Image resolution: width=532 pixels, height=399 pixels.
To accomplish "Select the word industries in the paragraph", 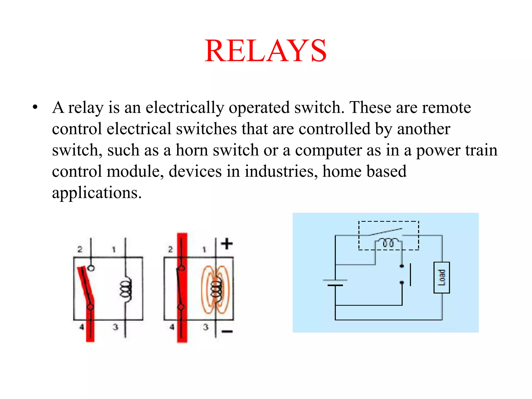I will (x=279, y=171).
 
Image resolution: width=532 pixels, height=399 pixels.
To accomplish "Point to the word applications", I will (x=97, y=193).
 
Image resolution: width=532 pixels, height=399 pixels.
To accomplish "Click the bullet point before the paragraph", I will (x=35, y=107).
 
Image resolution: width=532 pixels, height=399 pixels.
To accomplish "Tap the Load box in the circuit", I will (x=442, y=277).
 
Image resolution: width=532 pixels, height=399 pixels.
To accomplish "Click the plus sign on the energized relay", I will (x=227, y=244).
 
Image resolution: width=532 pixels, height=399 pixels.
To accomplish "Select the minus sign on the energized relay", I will (x=227, y=331).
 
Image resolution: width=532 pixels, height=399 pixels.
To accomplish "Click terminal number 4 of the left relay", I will (x=82, y=327).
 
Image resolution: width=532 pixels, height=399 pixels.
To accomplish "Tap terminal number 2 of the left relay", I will (x=80, y=249).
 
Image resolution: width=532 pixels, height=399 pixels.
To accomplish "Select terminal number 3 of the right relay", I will (x=206, y=327).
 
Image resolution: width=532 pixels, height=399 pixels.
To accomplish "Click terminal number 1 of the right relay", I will (x=204, y=250).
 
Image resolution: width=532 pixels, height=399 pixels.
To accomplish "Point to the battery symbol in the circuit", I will (x=335, y=283).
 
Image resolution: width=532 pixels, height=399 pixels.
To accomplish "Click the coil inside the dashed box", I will (x=388, y=243).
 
